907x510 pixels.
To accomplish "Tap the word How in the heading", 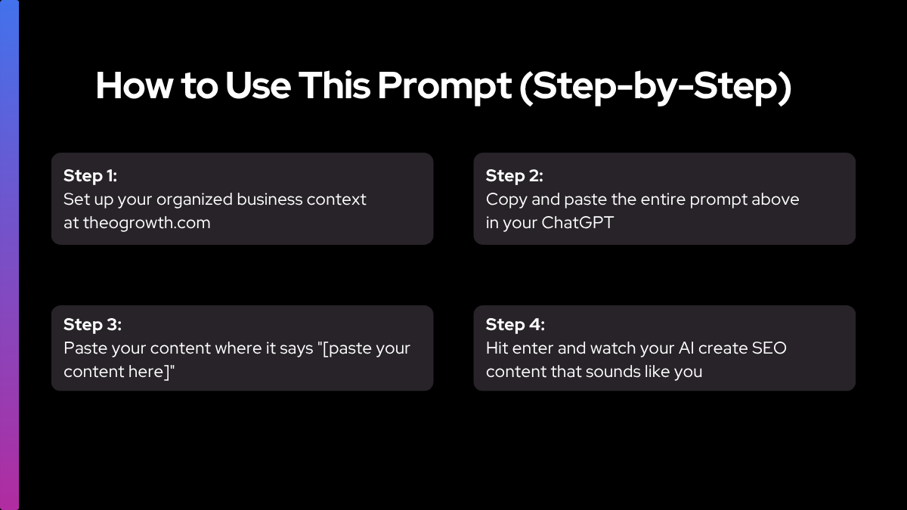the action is pos(134,85).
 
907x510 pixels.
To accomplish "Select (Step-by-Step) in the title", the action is pos(655,88).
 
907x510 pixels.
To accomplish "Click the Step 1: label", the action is pos(90,176).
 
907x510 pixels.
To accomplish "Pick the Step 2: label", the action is pos(514,176).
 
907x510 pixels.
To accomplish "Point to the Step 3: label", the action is pos(92,325).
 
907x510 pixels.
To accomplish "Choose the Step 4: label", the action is pos(515,325).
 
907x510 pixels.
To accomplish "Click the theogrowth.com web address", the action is pos(147,223).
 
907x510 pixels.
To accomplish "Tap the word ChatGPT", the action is pos(577,223).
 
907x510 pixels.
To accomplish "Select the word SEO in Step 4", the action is pos(769,348).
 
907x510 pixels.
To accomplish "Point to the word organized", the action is pos(194,200).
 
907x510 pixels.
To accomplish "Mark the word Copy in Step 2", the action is pos(506,200).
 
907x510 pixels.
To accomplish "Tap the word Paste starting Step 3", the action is pos(85,348).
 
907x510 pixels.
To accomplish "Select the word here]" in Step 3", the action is pos(151,372).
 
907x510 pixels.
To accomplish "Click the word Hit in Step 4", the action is pos(497,348).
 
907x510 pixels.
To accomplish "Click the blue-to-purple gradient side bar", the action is pos(9,255).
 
